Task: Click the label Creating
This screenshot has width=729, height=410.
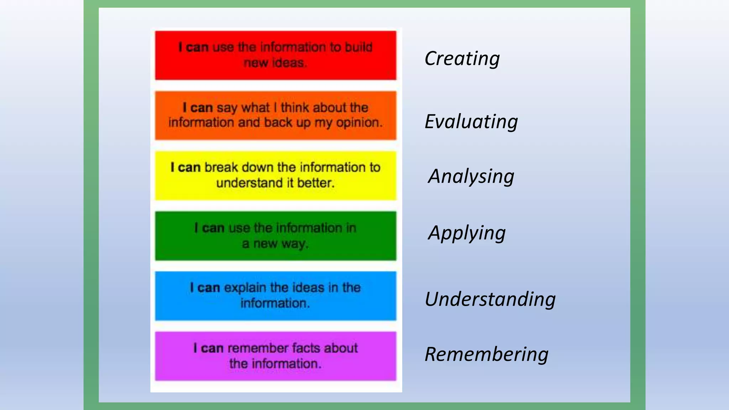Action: tap(462, 58)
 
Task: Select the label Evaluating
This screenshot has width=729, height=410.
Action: tap(471, 122)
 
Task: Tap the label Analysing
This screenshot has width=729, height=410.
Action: tap(471, 176)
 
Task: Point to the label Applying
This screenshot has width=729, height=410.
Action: tap(467, 233)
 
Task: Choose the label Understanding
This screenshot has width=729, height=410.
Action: tap(490, 299)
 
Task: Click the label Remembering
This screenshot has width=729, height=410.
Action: tap(486, 354)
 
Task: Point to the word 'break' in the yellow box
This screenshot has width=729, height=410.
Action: tap(221, 167)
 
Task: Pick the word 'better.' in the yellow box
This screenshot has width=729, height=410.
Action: tap(316, 183)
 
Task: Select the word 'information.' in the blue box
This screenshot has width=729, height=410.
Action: tap(275, 303)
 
